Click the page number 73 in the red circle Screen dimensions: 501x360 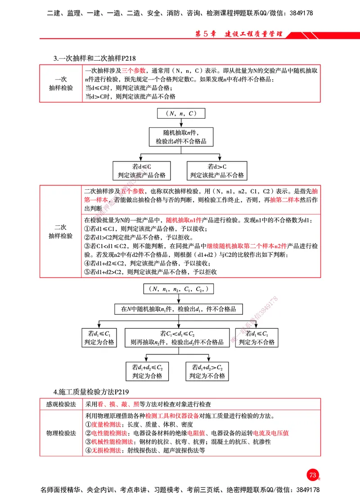click(x=312, y=475)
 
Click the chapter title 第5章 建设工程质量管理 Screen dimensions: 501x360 click(x=239, y=34)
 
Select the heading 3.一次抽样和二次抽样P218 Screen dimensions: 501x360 click(x=94, y=58)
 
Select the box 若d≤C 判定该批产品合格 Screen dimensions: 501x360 click(x=142, y=171)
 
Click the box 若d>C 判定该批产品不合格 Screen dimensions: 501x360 click(x=217, y=171)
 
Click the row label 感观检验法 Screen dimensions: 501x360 click(x=61, y=404)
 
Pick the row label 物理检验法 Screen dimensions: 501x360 click(x=61, y=433)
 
